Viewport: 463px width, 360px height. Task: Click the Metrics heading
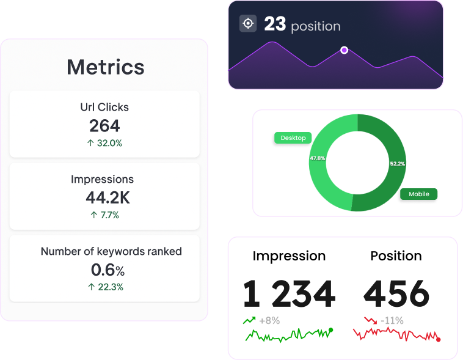pyautogui.click(x=105, y=67)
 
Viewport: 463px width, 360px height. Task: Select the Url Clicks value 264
pyautogui.click(x=104, y=126)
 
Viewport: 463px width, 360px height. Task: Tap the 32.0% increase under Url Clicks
pyautogui.click(x=104, y=143)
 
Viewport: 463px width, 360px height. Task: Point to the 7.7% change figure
pyautogui.click(x=104, y=215)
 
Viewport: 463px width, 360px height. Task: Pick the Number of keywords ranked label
pyautogui.click(x=111, y=251)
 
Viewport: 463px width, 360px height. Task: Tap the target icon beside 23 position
pyautogui.click(x=248, y=24)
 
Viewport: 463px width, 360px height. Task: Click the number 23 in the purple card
pyautogui.click(x=275, y=24)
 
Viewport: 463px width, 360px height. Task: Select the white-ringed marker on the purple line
pyautogui.click(x=344, y=50)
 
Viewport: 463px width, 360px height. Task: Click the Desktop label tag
pyautogui.click(x=293, y=138)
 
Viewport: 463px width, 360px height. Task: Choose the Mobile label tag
pyautogui.click(x=419, y=194)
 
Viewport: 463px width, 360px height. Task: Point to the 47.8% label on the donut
pyautogui.click(x=318, y=158)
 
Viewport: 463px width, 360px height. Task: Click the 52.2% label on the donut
pyautogui.click(x=397, y=164)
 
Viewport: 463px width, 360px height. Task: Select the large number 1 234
pyautogui.click(x=289, y=294)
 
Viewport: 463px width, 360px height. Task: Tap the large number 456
pyautogui.click(x=396, y=294)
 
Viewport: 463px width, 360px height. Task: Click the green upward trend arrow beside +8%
pyautogui.click(x=249, y=320)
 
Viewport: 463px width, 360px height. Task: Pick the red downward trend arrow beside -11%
pyautogui.click(x=370, y=320)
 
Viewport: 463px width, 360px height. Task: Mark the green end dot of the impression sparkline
pyautogui.click(x=330, y=330)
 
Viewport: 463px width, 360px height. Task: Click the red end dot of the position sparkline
pyautogui.click(x=438, y=339)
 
